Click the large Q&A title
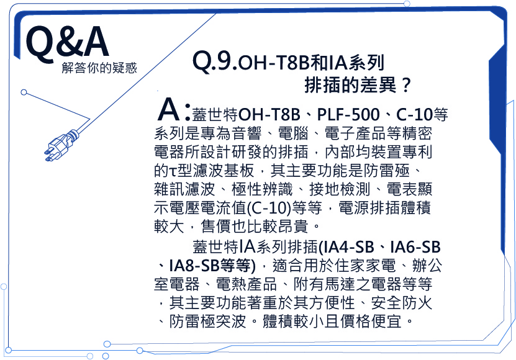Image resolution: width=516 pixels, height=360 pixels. (x=68, y=43)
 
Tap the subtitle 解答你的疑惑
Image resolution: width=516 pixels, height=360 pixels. (x=99, y=68)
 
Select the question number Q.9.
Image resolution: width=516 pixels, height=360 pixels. (x=214, y=61)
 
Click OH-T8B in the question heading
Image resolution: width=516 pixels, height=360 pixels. (x=273, y=63)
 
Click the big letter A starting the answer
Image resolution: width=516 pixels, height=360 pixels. (x=169, y=109)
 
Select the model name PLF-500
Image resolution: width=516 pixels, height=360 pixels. (x=348, y=114)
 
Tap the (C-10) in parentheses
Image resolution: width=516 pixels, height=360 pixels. (x=269, y=208)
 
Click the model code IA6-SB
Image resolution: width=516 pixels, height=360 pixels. (x=415, y=247)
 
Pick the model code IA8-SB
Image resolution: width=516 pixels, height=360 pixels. (x=194, y=266)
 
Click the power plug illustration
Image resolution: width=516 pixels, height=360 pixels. (x=61, y=145)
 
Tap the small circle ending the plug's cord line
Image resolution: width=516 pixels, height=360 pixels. (x=24, y=92)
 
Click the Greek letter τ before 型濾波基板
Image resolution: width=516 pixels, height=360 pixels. (x=173, y=171)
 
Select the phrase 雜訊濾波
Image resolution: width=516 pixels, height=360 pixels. (x=184, y=189)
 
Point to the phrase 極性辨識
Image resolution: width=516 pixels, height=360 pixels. (x=262, y=189)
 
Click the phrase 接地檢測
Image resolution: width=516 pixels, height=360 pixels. (x=340, y=189)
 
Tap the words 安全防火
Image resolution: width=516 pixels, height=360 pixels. (x=402, y=303)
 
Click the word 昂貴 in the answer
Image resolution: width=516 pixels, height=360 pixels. (x=293, y=227)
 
